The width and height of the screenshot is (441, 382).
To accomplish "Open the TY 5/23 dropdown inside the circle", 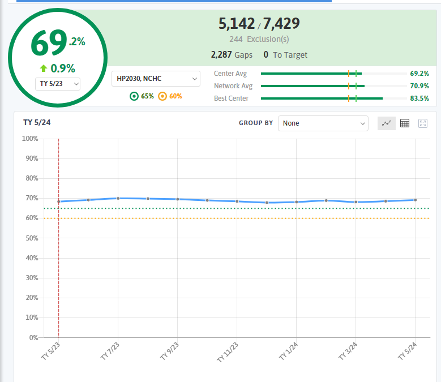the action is tap(58, 84).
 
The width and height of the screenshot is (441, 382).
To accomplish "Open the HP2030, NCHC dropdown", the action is tap(156, 79).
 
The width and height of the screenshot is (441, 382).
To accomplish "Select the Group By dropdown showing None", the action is tap(323, 123).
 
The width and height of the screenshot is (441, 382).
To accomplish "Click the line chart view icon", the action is tap(387, 123).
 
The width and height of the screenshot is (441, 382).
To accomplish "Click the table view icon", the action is tap(405, 123).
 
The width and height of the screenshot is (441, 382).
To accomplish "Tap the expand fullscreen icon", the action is tap(423, 123).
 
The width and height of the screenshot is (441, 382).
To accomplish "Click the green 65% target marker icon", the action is tap(134, 96).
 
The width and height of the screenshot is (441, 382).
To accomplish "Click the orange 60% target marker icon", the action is tap(162, 96).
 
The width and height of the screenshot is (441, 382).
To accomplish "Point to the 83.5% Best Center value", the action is tap(419, 98).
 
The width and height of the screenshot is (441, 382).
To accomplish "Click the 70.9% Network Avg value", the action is tap(419, 85).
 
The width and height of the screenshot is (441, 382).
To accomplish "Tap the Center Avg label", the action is tap(230, 74).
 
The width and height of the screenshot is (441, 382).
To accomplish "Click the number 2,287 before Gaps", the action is tap(221, 54).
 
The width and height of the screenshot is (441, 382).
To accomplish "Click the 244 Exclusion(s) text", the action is tap(259, 39).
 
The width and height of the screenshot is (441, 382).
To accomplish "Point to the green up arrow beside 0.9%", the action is tap(44, 68).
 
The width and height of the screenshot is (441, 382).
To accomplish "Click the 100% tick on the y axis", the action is tap(30, 139).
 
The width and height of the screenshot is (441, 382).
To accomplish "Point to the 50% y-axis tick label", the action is tap(32, 238).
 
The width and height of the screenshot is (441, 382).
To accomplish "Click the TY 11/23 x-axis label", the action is tap(228, 352).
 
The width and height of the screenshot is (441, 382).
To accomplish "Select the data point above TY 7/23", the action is tap(118, 198).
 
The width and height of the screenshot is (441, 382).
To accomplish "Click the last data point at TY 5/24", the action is tap(416, 200).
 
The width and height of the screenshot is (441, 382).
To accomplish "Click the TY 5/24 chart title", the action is tap(37, 122).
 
